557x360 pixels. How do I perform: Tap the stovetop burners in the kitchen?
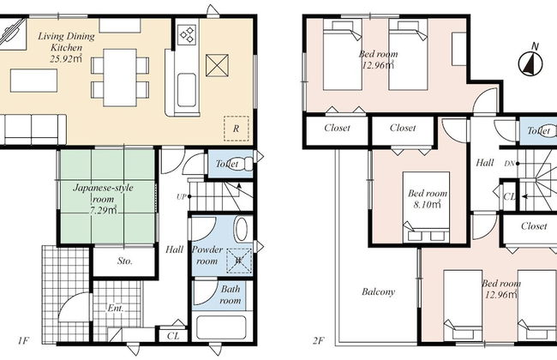click(x=187, y=34)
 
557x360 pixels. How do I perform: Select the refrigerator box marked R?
click(x=237, y=129)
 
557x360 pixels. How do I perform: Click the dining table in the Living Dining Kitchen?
click(x=120, y=77)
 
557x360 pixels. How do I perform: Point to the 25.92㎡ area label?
click(x=66, y=58)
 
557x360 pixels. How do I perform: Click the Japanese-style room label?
click(x=103, y=193)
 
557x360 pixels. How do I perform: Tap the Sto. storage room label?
click(x=125, y=261)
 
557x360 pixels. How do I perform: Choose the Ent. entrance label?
click(x=116, y=308)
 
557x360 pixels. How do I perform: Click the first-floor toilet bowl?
click(x=239, y=164)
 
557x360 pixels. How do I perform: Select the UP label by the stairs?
click(x=181, y=196)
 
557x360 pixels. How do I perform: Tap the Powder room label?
click(x=207, y=255)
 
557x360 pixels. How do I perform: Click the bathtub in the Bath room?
click(x=221, y=327)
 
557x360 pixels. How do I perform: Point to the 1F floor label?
click(x=22, y=341)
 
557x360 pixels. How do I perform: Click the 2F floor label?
click(x=318, y=341)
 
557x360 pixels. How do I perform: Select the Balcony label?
click(x=378, y=292)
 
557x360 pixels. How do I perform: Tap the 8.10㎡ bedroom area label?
click(x=428, y=204)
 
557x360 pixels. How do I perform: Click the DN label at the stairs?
click(x=510, y=164)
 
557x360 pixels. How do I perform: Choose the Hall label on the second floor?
click(x=485, y=163)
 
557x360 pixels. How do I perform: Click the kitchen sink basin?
click(x=187, y=90)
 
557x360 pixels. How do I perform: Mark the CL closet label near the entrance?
click(x=173, y=336)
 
